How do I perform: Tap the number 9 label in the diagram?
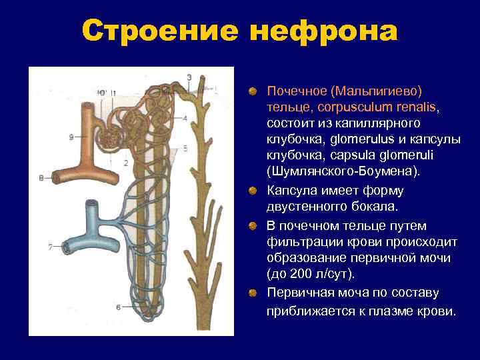[x=71, y=137]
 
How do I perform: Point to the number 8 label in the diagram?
[x=41, y=178]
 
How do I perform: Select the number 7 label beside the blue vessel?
[x=49, y=247]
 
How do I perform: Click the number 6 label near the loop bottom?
[x=118, y=307]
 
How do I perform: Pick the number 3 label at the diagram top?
[x=189, y=77]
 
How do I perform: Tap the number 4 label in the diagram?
[x=185, y=118]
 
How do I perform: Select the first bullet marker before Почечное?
[x=253, y=90]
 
